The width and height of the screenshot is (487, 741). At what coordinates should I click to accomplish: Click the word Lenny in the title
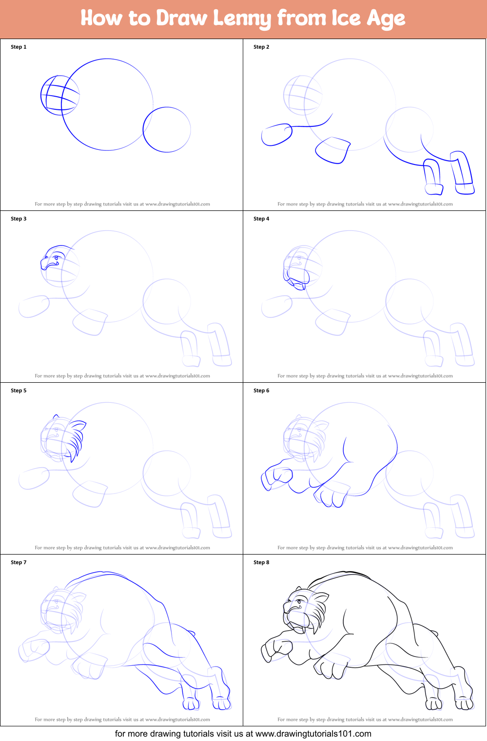[x=242, y=19]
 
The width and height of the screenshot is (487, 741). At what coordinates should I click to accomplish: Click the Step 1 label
[x=19, y=47]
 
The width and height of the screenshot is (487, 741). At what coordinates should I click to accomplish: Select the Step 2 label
[x=261, y=47]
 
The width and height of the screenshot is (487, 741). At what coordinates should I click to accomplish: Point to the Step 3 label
[x=19, y=219]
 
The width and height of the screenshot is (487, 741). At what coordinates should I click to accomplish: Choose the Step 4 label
[x=261, y=219]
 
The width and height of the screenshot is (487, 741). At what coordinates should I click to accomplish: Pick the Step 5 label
[x=19, y=391]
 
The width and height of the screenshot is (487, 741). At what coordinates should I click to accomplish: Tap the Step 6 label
[x=261, y=391]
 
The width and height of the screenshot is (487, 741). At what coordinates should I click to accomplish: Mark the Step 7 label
[x=19, y=562]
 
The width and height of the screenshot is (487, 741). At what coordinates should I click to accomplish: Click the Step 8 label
[x=261, y=562]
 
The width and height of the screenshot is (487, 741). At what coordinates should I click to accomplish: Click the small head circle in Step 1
[x=60, y=95]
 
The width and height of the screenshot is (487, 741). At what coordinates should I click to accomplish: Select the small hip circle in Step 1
[x=167, y=129]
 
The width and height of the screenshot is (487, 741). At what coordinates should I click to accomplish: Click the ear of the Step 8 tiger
[x=321, y=598]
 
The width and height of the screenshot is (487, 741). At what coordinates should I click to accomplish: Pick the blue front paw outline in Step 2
[x=276, y=135]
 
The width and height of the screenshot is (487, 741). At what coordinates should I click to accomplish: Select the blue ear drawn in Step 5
[x=79, y=426]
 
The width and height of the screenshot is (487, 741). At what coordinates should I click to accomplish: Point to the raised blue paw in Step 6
[x=276, y=476]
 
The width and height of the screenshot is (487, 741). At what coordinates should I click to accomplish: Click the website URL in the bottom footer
[x=313, y=734]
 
